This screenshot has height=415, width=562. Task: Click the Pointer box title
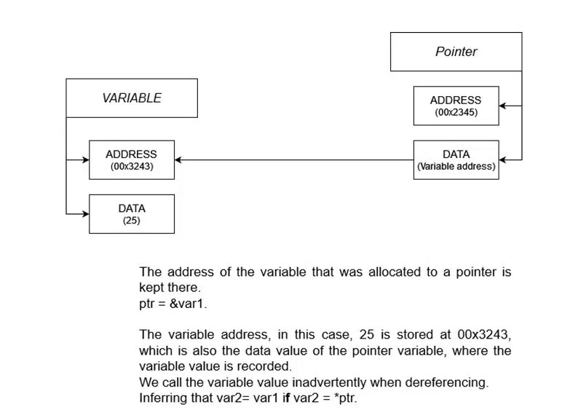click(x=456, y=52)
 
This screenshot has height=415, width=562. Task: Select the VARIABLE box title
click(x=132, y=98)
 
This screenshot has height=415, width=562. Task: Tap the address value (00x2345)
click(x=455, y=112)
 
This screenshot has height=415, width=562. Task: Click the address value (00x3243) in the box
click(x=131, y=166)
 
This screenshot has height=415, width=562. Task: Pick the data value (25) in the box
click(x=131, y=220)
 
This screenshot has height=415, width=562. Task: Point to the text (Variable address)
click(x=456, y=166)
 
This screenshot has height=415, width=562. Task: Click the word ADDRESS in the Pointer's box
click(x=455, y=100)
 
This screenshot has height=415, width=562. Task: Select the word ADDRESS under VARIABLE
click(x=131, y=154)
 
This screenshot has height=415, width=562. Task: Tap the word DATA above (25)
click(x=131, y=208)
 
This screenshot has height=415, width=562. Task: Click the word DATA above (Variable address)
click(x=456, y=154)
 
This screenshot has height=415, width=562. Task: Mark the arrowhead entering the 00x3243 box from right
click(x=179, y=159)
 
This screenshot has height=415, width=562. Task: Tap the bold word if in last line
click(x=285, y=398)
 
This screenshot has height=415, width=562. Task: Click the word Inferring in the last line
click(x=162, y=398)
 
